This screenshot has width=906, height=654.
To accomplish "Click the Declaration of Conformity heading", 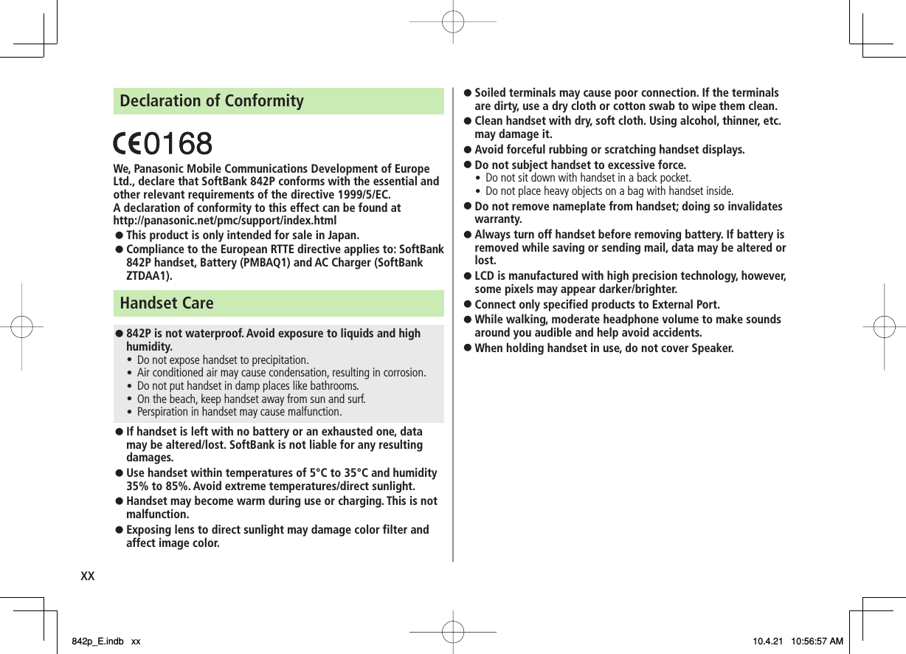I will [212, 100].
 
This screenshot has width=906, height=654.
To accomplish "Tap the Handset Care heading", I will [167, 303].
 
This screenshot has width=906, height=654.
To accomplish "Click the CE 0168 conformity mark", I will [162, 143].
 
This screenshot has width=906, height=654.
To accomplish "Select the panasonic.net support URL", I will [225, 221].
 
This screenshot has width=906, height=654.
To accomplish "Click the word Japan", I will [342, 235].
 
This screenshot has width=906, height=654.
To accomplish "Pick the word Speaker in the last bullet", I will [710, 348].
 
